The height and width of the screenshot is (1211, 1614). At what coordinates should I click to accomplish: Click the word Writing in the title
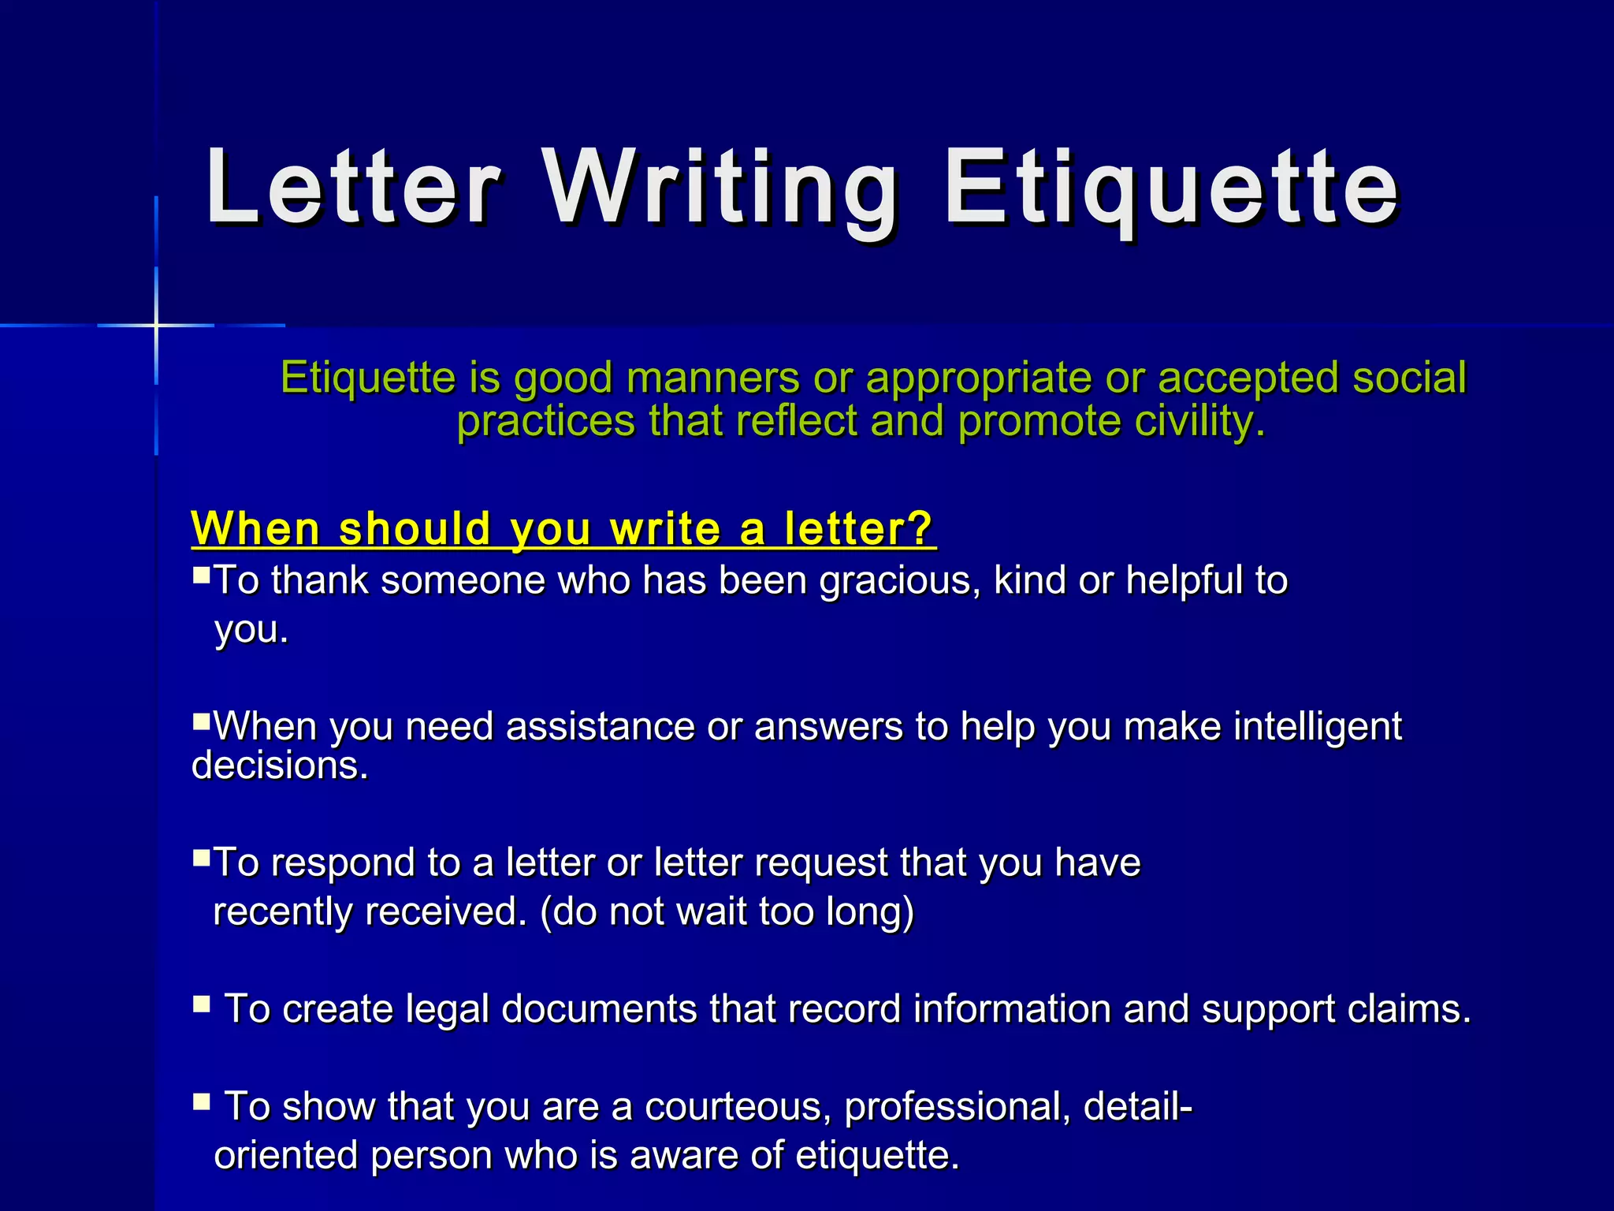pyautogui.click(x=720, y=189)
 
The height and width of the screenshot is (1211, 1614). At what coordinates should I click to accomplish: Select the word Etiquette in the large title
pyautogui.click(x=1171, y=189)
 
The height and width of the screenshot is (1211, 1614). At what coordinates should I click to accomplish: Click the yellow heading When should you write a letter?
pyautogui.click(x=563, y=528)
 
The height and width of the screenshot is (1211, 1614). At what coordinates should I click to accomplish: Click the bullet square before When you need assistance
pyautogui.click(x=201, y=720)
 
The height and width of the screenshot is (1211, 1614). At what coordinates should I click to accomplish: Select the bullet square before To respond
pyautogui.click(x=201, y=856)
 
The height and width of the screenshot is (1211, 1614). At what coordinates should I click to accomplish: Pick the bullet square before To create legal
pyautogui.click(x=201, y=1003)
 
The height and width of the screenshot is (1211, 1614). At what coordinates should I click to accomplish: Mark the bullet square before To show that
pyautogui.click(x=201, y=1101)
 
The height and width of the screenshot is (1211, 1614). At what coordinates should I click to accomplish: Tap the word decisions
pyautogui.click(x=280, y=766)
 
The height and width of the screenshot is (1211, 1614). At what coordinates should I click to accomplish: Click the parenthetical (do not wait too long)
pyautogui.click(x=727, y=912)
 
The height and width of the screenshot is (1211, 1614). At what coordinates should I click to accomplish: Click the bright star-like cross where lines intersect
pyautogui.click(x=156, y=325)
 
